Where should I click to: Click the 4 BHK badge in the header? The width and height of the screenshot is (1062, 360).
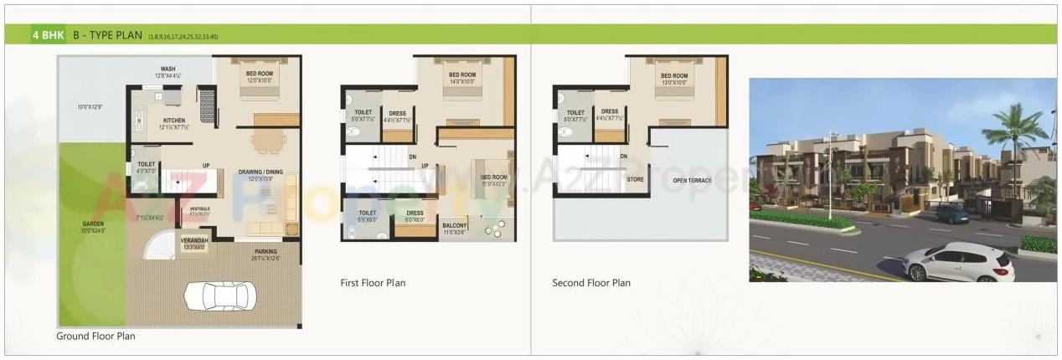click(x=47, y=35)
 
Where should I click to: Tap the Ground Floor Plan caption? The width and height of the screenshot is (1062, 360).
click(x=95, y=336)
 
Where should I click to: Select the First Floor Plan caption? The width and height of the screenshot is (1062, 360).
click(x=373, y=283)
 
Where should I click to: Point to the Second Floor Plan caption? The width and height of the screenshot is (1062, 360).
click(x=591, y=283)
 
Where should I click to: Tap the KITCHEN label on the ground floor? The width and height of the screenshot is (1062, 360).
click(x=173, y=121)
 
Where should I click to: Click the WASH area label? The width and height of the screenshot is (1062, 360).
click(x=168, y=69)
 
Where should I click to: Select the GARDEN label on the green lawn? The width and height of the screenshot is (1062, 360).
click(x=93, y=224)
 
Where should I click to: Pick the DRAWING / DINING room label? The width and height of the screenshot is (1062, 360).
click(x=260, y=172)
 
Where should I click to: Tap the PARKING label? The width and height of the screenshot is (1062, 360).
click(x=265, y=251)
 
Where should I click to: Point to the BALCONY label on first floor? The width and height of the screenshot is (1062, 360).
click(x=454, y=224)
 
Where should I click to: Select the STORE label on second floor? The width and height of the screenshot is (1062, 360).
click(x=636, y=178)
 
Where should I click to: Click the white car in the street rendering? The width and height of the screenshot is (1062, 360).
click(x=958, y=262)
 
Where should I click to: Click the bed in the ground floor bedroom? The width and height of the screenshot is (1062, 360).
click(x=260, y=87)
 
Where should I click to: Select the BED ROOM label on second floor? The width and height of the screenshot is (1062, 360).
click(x=673, y=76)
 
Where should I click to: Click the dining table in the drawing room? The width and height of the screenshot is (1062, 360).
click(x=267, y=143)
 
